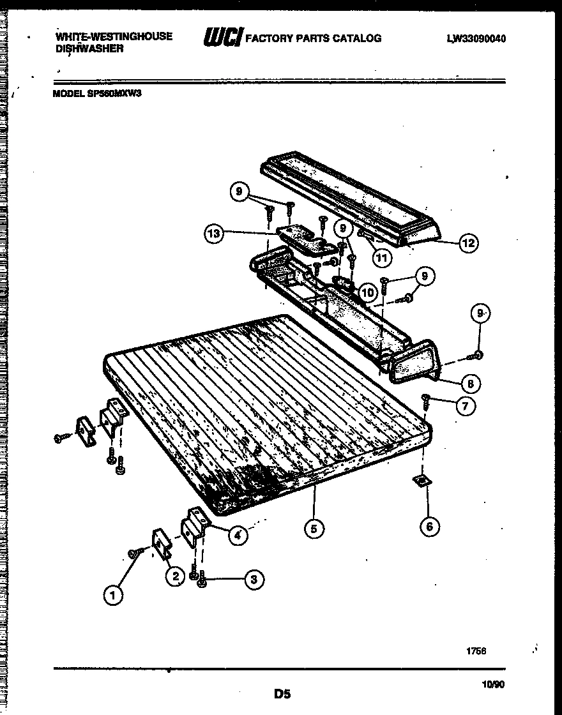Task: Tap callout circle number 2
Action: tap(174, 576)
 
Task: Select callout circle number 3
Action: tap(254, 580)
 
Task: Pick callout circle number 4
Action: tap(237, 535)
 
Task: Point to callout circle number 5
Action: tap(314, 527)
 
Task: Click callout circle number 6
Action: tap(429, 526)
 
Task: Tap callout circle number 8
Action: tap(470, 384)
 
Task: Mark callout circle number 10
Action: tap(367, 293)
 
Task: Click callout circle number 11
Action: tap(381, 259)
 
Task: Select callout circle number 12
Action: tap(468, 243)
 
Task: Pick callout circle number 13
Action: tap(214, 234)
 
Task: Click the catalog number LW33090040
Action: tap(476, 38)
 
